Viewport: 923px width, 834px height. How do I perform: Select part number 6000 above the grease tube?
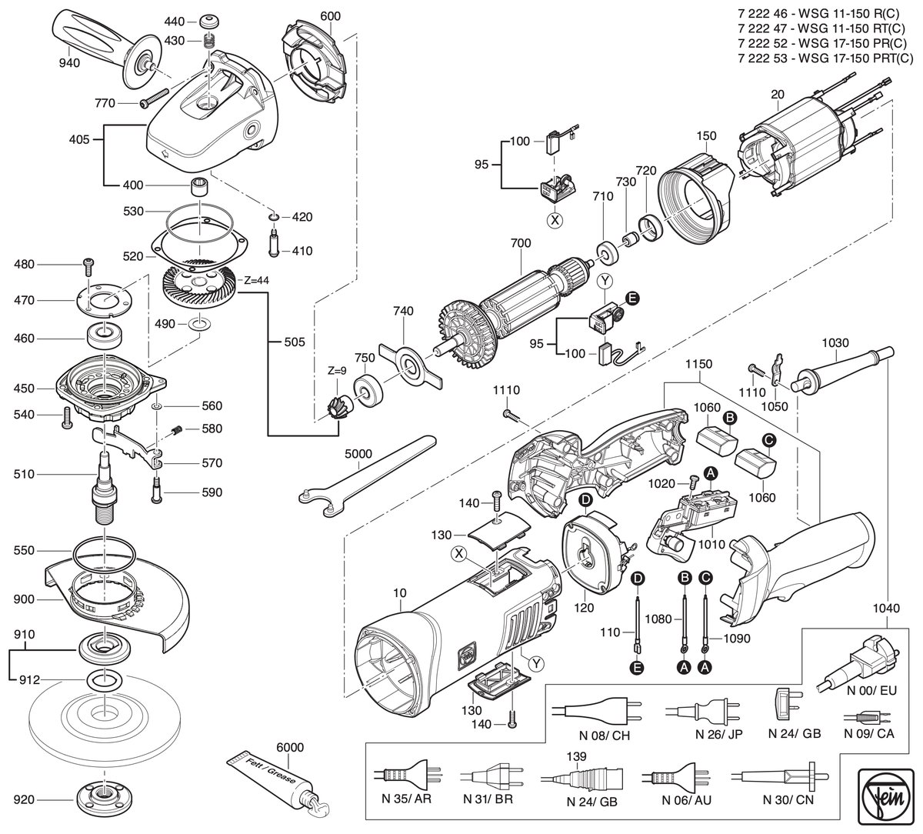(290, 747)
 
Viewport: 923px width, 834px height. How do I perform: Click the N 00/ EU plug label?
(871, 704)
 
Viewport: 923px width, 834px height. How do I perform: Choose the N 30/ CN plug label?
(788, 800)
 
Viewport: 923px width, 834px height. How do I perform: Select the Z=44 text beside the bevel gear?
(256, 280)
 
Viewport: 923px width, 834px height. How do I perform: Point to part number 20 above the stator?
(777, 95)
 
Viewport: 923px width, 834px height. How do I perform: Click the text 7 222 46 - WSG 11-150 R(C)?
(817, 14)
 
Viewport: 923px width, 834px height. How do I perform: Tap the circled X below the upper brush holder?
(555, 220)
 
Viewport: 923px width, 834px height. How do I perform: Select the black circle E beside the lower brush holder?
(633, 299)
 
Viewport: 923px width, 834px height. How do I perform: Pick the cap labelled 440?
(209, 22)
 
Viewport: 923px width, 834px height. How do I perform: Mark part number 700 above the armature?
(521, 243)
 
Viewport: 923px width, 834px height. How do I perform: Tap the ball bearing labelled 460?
(106, 338)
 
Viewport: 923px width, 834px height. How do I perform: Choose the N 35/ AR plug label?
(406, 799)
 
